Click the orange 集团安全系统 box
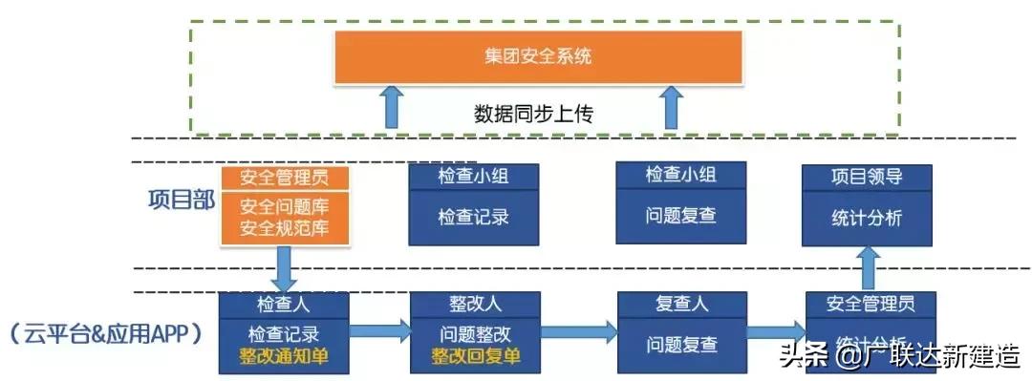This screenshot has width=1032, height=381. click(538, 56)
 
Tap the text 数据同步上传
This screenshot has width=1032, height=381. click(534, 115)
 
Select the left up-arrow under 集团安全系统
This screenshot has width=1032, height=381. click(391, 106)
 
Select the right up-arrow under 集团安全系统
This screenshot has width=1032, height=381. click(673, 106)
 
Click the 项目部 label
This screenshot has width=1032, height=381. click(181, 201)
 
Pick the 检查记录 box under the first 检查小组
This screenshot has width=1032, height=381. click(473, 217)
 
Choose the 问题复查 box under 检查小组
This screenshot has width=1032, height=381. click(680, 217)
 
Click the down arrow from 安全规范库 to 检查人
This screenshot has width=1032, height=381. click(284, 269)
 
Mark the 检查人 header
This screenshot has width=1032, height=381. click(284, 305)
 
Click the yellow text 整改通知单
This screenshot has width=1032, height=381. click(284, 356)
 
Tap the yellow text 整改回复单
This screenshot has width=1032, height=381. click(475, 356)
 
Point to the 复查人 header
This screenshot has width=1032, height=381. click(680, 305)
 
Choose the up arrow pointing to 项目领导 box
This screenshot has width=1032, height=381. click(869, 268)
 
